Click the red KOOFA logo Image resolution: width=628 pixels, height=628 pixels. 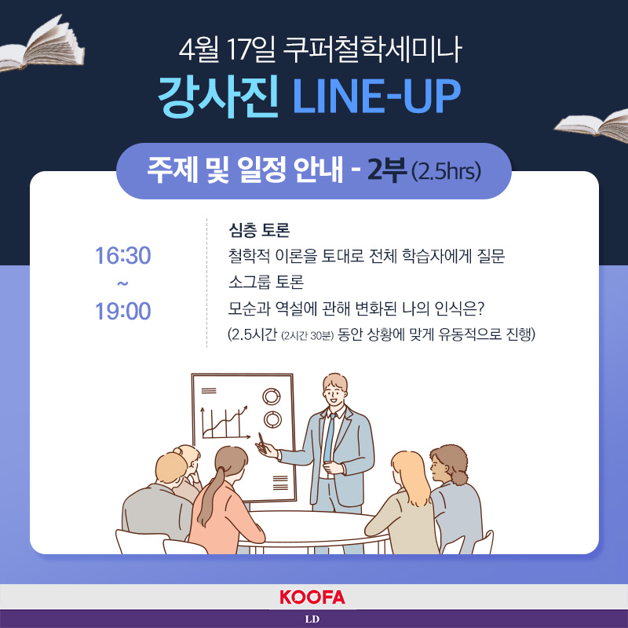[x=312, y=597]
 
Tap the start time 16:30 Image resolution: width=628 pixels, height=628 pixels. [x=123, y=256]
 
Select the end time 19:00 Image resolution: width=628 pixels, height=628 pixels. [x=123, y=311]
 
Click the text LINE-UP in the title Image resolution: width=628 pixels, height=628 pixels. [x=377, y=96]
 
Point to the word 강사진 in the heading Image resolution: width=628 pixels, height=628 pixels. [x=218, y=96]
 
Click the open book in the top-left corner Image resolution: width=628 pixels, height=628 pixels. [x=42, y=43]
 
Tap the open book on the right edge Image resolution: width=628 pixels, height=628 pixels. [x=592, y=126]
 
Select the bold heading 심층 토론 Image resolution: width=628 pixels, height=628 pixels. [x=259, y=229]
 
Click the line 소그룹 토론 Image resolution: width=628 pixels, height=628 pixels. [x=266, y=282]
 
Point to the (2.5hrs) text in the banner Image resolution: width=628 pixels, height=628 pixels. [x=446, y=171]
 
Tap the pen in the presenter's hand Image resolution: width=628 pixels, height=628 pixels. [x=262, y=442]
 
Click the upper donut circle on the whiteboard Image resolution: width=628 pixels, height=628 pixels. [x=272, y=396]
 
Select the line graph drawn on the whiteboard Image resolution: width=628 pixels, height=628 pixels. [x=225, y=422]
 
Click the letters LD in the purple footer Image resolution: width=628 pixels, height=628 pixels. [x=312, y=619]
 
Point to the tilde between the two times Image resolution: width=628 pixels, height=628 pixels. [x=122, y=283]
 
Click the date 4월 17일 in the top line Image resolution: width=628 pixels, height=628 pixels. [x=228, y=49]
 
